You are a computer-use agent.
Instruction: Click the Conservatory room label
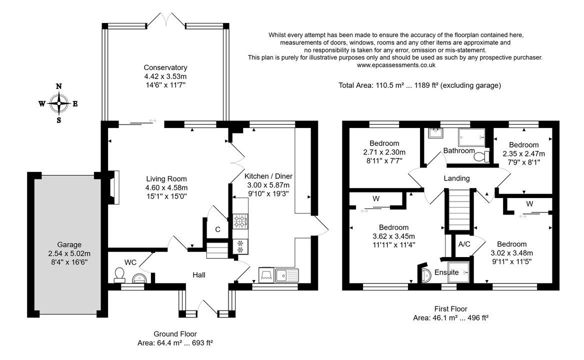pyautogui.click(x=165, y=67)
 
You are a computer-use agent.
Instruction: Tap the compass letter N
pyautogui.click(x=58, y=86)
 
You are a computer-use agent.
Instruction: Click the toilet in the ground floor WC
pyautogui.click(x=119, y=274)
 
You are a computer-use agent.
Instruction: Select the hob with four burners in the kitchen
pyautogui.click(x=240, y=221)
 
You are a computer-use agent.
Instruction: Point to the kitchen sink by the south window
pyautogui.click(x=287, y=275)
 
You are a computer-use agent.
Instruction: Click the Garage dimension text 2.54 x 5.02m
pyautogui.click(x=69, y=253)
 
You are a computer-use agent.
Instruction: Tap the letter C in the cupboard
pyautogui.click(x=217, y=229)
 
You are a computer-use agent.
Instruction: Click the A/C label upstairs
pyautogui.click(x=464, y=244)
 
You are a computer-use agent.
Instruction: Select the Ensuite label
pyautogui.click(x=446, y=272)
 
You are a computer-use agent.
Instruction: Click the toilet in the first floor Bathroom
pyautogui.click(x=482, y=156)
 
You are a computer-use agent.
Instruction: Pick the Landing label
pyautogui.click(x=456, y=178)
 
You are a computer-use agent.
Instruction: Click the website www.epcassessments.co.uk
pyautogui.click(x=396, y=65)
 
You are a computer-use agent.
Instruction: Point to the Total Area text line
pyautogui.click(x=420, y=85)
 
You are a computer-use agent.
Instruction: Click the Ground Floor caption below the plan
pyautogui.click(x=175, y=334)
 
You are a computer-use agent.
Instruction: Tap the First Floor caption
pyautogui.click(x=450, y=308)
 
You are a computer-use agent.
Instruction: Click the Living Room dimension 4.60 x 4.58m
pyautogui.click(x=166, y=187)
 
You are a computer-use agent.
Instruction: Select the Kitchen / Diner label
pyautogui.click(x=268, y=176)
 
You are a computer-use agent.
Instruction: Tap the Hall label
pyautogui.click(x=199, y=275)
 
